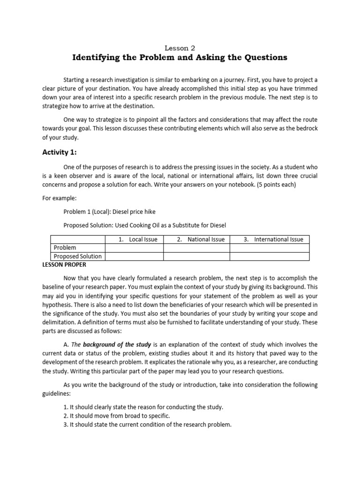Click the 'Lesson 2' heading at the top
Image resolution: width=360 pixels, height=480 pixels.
tap(180, 47)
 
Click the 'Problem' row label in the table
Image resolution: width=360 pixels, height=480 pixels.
tap(65, 247)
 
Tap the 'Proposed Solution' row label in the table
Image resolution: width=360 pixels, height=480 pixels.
tap(77, 256)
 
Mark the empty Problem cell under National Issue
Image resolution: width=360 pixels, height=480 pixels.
tap(196, 247)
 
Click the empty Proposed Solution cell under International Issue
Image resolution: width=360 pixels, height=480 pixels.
tap(270, 256)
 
